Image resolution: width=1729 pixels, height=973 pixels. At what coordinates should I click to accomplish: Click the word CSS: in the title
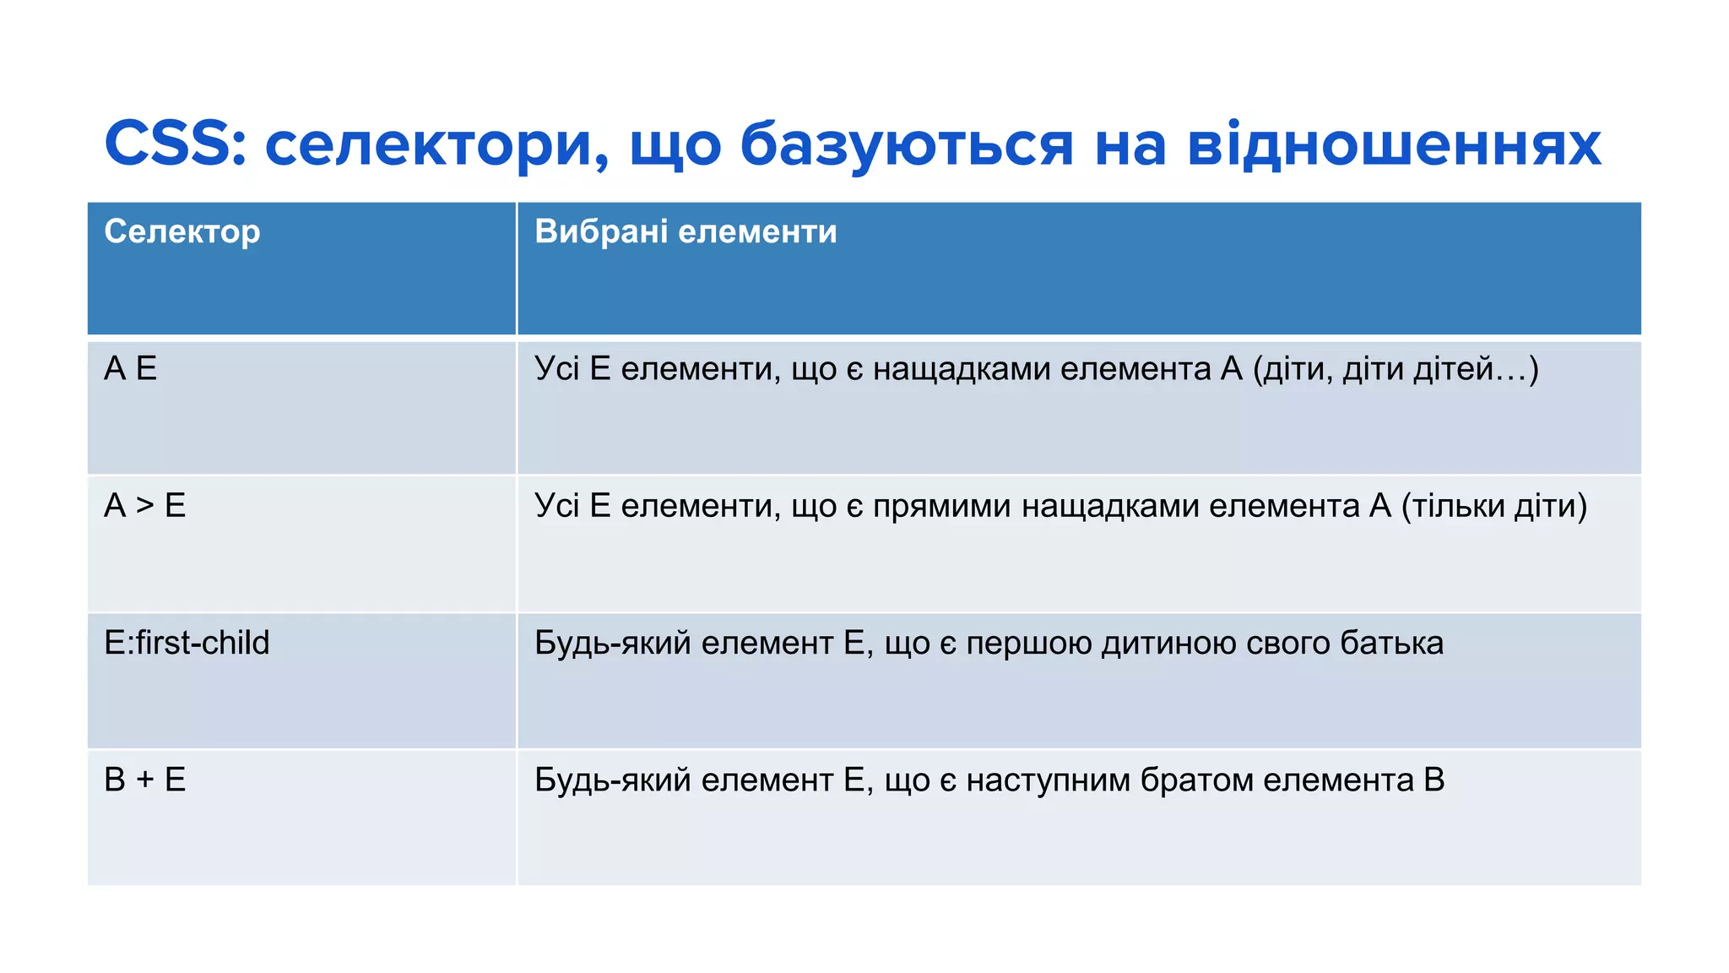(176, 144)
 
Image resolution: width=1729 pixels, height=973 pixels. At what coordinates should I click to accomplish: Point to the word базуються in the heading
(907, 145)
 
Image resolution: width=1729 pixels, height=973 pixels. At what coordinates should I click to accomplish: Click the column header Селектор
(182, 231)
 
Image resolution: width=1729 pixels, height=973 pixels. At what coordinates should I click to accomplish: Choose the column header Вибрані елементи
(686, 231)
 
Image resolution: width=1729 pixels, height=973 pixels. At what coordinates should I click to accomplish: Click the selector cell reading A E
(131, 369)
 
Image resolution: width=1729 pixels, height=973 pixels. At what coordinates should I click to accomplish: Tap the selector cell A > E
(145, 506)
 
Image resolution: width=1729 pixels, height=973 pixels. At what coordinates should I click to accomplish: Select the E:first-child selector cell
(187, 643)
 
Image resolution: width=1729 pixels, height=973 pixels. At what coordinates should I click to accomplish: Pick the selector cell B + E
(145, 780)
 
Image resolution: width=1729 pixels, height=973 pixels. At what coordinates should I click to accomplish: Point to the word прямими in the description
(942, 507)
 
